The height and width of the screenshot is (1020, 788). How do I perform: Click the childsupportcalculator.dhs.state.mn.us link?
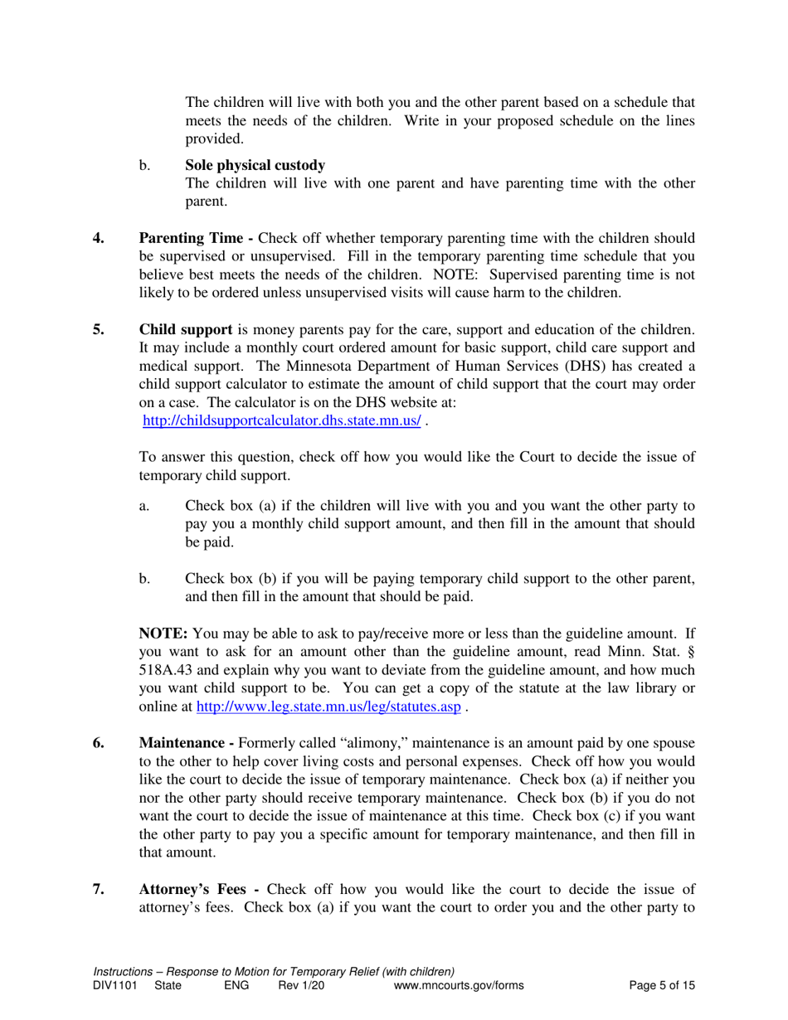click(x=282, y=420)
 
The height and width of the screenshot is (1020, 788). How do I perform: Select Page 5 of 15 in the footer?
click(x=662, y=985)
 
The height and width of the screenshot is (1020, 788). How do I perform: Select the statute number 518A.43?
click(x=169, y=671)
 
